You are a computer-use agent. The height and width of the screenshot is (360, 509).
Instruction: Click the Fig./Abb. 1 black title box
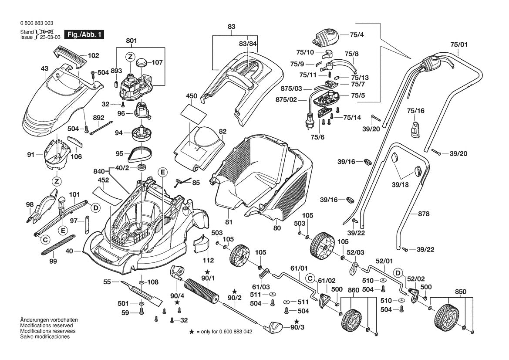click(84, 34)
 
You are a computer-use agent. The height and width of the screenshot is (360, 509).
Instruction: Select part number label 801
click(131, 41)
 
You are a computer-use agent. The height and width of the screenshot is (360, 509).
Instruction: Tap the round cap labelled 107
click(142, 62)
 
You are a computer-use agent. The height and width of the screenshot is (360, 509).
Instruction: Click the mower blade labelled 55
click(142, 293)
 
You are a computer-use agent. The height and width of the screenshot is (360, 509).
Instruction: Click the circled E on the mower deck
click(162, 172)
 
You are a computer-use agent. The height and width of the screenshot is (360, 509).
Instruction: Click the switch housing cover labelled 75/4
click(326, 37)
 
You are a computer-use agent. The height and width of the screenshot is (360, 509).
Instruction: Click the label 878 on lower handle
click(424, 214)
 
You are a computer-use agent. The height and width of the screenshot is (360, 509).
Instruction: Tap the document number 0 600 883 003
click(37, 24)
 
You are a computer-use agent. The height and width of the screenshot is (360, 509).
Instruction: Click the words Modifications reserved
click(47, 325)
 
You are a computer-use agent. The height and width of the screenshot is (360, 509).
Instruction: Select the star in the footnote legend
click(192, 332)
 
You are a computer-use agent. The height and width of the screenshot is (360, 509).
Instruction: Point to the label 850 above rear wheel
click(461, 292)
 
